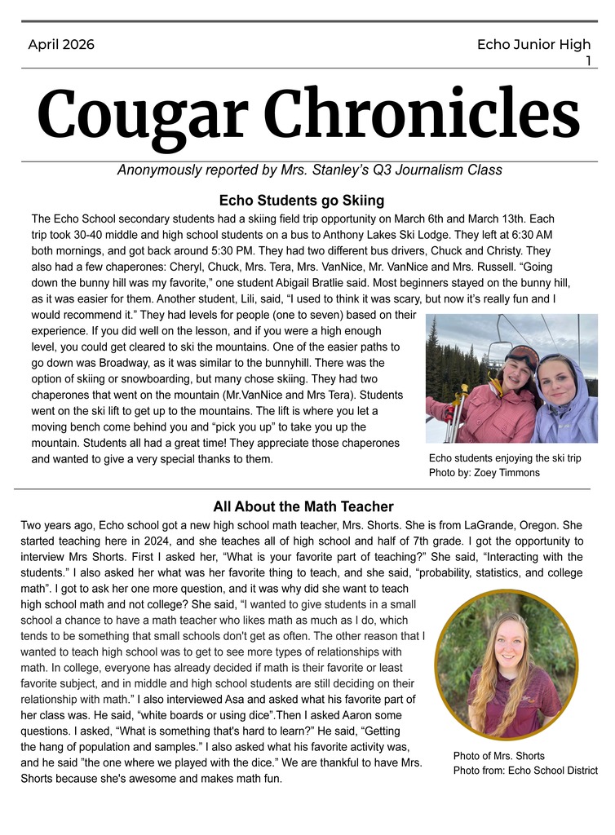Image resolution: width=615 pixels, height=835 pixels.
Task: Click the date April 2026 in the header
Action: pos(61,45)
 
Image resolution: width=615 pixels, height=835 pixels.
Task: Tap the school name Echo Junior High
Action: pos(533,45)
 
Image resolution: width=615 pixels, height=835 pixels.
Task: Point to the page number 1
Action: pos(587,60)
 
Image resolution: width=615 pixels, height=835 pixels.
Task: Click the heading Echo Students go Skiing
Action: pos(302,201)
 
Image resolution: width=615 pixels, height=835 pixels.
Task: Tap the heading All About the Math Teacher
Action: pos(303,506)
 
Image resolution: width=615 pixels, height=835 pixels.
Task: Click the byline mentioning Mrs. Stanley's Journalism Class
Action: pos(309,170)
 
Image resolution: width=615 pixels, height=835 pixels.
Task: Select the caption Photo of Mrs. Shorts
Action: pos(498,756)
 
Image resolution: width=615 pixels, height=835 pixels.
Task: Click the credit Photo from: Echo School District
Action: pos(525,771)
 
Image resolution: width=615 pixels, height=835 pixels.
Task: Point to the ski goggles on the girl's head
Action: pos(522,356)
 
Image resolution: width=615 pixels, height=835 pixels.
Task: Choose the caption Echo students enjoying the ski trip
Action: pos(505,458)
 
